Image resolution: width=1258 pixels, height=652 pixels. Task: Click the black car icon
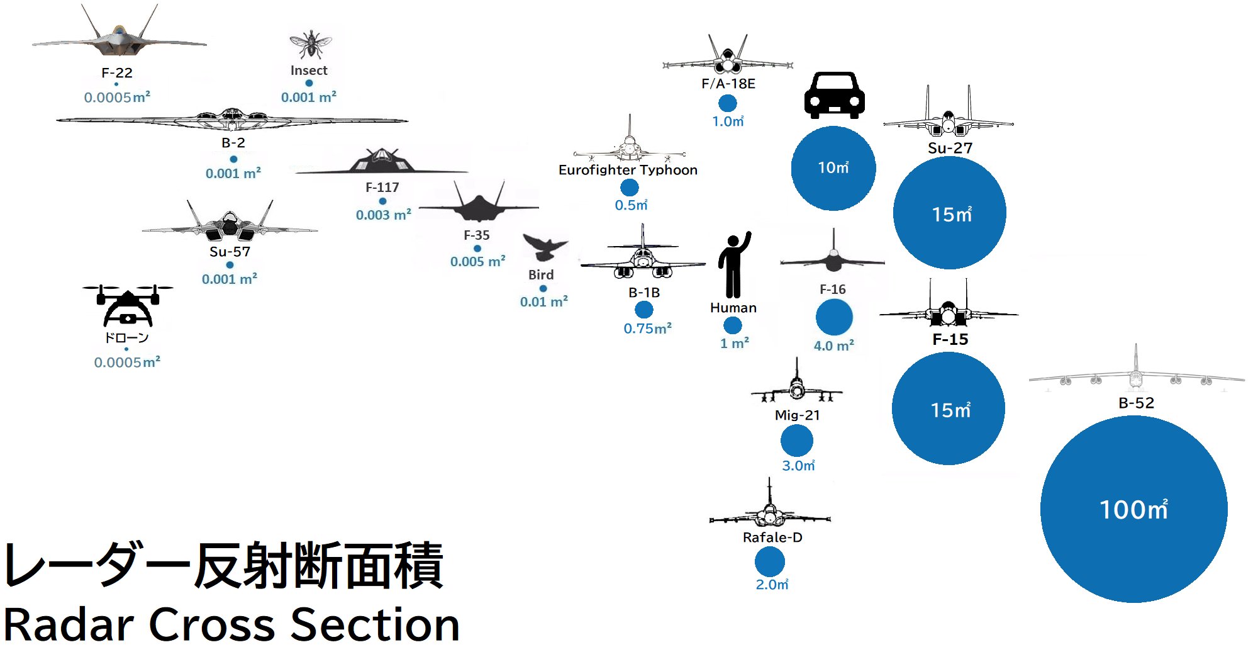(x=834, y=96)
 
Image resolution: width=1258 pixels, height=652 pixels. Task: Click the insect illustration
(x=310, y=44)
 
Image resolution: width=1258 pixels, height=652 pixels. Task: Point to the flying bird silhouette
(x=544, y=247)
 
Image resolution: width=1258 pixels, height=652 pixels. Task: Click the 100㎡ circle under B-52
(x=1133, y=509)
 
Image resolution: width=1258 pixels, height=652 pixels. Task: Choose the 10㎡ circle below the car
(x=833, y=168)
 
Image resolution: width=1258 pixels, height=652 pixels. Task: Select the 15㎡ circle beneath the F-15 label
(x=948, y=408)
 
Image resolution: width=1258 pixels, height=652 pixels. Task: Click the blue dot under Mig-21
(x=796, y=441)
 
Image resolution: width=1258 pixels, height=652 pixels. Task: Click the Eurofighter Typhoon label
(x=628, y=170)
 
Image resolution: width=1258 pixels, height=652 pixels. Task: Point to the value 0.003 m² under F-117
(x=383, y=215)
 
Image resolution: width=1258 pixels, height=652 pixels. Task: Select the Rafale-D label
(x=772, y=537)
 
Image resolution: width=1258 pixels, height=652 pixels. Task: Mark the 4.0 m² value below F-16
(x=833, y=346)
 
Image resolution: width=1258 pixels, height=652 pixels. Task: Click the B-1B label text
(x=643, y=293)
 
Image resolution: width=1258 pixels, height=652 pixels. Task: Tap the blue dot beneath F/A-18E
(x=727, y=103)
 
